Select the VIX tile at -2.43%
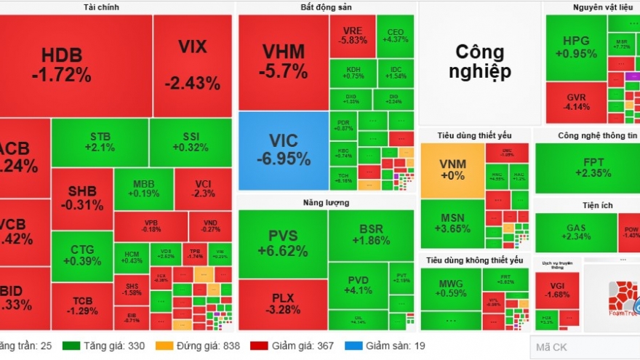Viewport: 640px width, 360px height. click(192, 65)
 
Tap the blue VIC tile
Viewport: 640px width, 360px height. click(283, 150)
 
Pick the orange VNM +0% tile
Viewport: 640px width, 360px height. click(452, 170)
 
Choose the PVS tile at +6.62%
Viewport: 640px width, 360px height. click(282, 244)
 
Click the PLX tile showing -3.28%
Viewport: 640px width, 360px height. click(282, 304)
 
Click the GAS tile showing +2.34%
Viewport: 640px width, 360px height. click(575, 233)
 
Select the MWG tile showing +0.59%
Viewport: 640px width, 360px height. click(450, 289)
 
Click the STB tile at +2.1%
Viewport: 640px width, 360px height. click(100, 142)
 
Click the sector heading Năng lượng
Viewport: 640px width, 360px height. click(326, 202)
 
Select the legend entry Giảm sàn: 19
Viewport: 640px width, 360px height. click(389, 346)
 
